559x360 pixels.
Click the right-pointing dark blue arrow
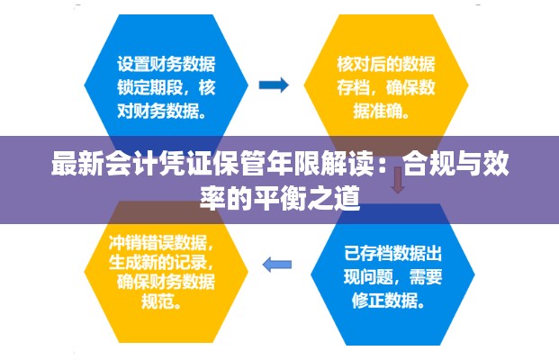pyautogui.click(x=274, y=86)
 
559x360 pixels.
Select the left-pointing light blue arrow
pyautogui.click(x=276, y=264)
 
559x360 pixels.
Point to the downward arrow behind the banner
pyautogui.click(x=397, y=179)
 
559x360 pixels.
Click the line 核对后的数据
pyautogui.click(x=386, y=65)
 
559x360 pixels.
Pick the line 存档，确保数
pyautogui.click(x=386, y=89)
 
